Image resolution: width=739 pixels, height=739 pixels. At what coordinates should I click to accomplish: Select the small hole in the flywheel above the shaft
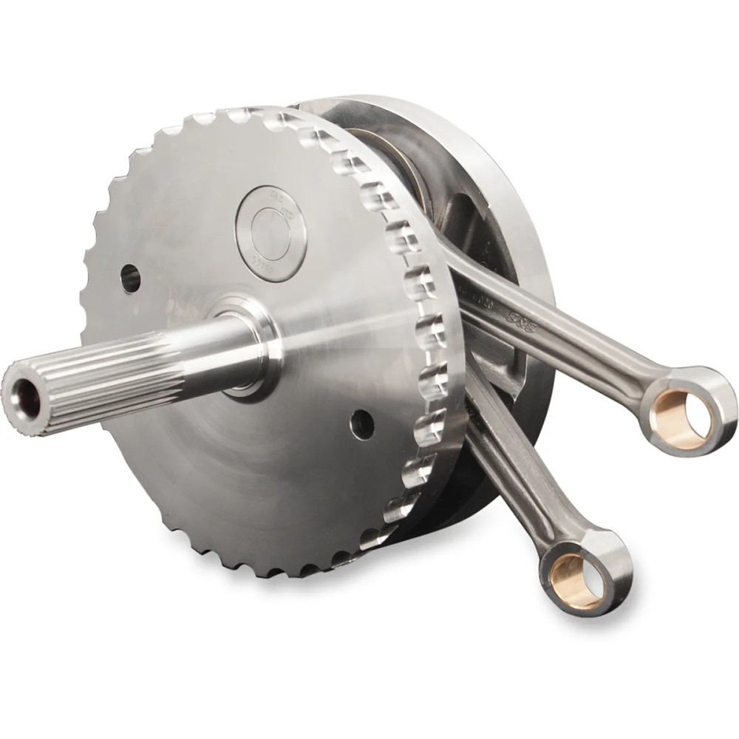(x=131, y=278)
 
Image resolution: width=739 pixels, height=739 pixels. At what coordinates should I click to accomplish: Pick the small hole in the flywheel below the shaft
(x=362, y=424)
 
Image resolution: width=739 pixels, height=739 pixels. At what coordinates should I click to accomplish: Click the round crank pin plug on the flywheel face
(x=271, y=233)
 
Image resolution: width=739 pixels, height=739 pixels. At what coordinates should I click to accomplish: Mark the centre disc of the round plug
(x=270, y=233)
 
